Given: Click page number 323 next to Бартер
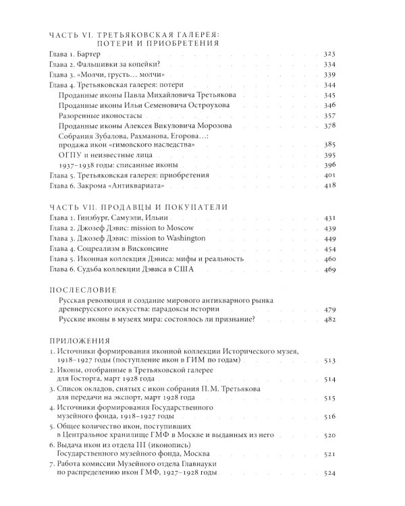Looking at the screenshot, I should click(346, 54).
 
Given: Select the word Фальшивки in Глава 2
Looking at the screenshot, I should click(101, 65).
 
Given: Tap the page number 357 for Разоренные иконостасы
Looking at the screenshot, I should click(346, 115).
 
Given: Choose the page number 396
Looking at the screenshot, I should click(346, 165).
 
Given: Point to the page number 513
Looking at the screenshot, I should click(346, 362).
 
